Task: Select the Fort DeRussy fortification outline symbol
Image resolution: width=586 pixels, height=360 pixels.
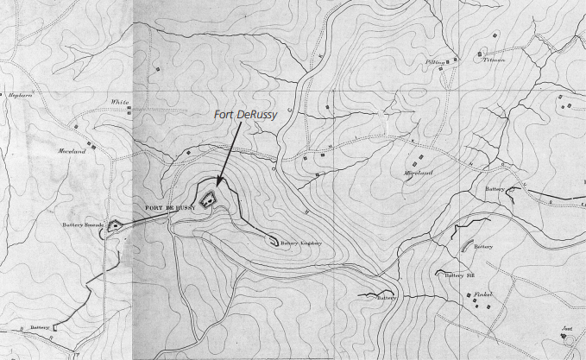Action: (208, 199)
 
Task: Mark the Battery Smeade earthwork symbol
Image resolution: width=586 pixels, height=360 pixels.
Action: (112, 230)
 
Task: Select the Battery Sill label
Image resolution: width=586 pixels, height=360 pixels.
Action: (456, 275)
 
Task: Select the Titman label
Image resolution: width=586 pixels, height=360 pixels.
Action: (493, 60)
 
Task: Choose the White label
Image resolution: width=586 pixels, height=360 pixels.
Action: (119, 101)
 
